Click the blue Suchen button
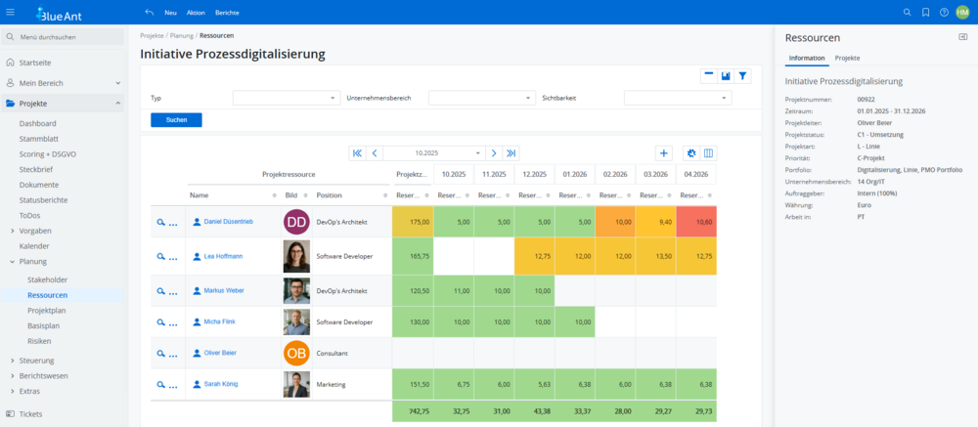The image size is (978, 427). coord(176,120)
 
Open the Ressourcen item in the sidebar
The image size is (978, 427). coord(48,294)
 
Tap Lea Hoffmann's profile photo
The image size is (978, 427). coord(296,256)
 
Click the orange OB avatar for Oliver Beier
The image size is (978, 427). coord(296,353)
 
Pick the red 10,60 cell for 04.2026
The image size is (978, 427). coord(696,222)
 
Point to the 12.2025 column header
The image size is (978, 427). coord(535,174)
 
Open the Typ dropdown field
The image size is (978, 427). coord(286,98)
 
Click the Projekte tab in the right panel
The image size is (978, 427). coord(847,59)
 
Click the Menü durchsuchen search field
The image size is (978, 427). coord(68,37)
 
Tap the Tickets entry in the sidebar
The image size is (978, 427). coord(30,414)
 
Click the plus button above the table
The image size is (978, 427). coord(664,153)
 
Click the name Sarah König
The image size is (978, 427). coord(223,385)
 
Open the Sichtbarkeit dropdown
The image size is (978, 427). coord(677,98)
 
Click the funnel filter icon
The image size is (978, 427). coord(743,75)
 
